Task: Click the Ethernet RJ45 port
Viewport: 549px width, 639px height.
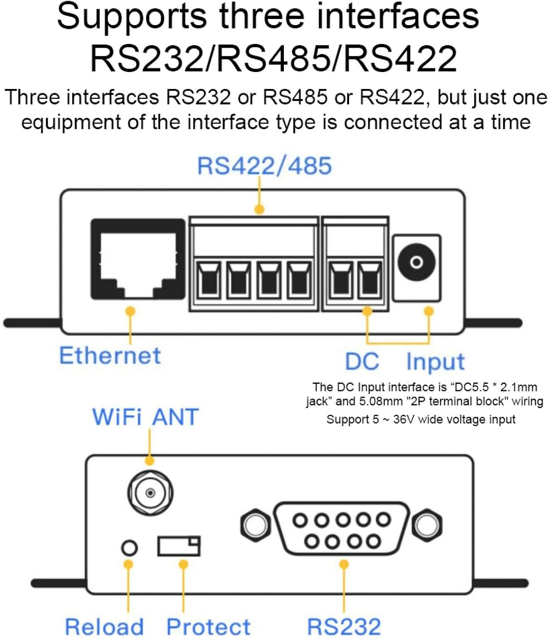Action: (x=138, y=259)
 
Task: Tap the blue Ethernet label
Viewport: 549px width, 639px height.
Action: (x=110, y=355)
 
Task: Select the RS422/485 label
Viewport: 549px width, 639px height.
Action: (x=264, y=166)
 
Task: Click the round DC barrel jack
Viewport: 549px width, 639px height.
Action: (x=416, y=262)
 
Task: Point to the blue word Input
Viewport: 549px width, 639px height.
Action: (x=435, y=362)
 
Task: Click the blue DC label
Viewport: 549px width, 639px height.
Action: (x=361, y=362)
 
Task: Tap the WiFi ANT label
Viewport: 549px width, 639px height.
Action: (x=145, y=417)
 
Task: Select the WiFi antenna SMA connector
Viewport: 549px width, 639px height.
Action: (x=150, y=493)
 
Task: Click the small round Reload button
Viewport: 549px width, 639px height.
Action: (x=130, y=547)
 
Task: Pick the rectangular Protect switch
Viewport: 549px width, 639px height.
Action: (x=179, y=546)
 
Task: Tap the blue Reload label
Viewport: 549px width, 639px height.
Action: (x=104, y=627)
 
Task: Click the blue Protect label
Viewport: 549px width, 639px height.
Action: (x=208, y=627)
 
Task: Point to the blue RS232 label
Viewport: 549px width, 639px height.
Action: (x=344, y=627)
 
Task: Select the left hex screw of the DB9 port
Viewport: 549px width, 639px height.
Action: (x=255, y=525)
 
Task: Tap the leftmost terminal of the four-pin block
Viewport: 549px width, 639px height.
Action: (x=208, y=280)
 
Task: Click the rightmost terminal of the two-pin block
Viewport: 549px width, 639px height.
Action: (x=370, y=280)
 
